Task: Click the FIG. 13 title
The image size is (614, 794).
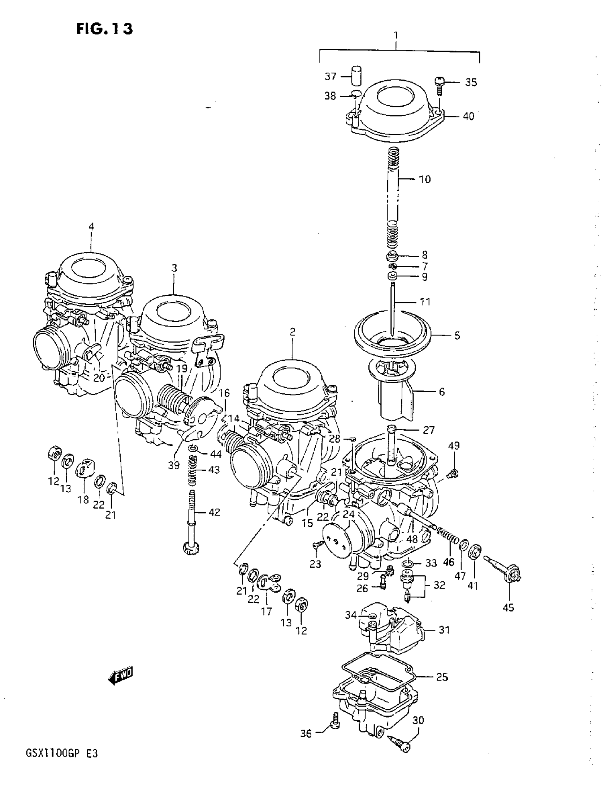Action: [105, 29]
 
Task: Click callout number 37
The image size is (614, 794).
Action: [330, 76]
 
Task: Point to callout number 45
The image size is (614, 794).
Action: [508, 607]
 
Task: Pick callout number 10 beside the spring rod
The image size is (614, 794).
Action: [425, 179]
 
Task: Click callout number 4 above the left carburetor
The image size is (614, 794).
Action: [91, 226]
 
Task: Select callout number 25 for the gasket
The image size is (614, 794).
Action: [442, 677]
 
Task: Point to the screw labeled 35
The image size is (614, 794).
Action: [440, 84]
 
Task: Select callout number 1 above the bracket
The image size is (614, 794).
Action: [396, 35]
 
